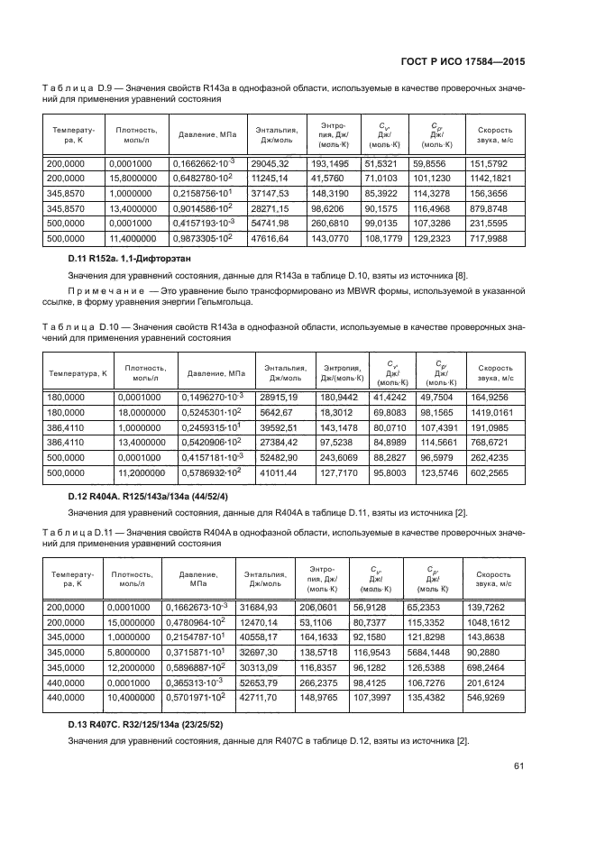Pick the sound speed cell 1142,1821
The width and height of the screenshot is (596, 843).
tap(495, 180)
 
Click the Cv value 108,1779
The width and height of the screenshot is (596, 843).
tap(381, 238)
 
